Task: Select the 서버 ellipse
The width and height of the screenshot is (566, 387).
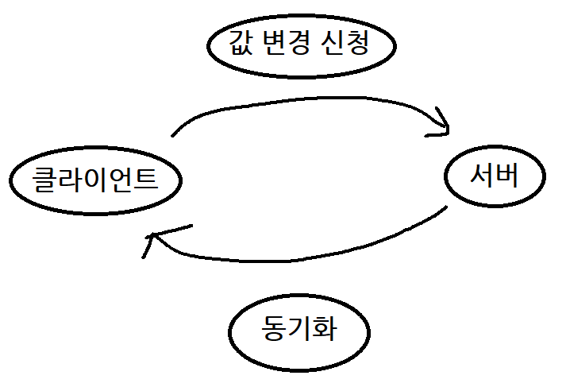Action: [x=494, y=176]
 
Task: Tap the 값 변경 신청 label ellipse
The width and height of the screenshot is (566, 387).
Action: [x=301, y=45]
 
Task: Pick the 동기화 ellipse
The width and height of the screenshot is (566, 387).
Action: [x=299, y=328]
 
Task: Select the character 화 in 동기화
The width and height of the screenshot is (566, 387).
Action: [x=325, y=328]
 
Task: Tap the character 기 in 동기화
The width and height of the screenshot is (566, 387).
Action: [x=299, y=328]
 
